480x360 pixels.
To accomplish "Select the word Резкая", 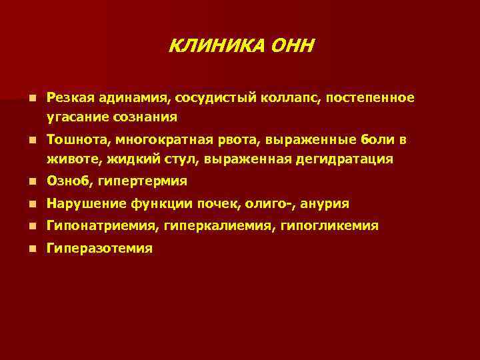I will (x=70, y=98).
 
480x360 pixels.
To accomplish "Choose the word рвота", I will (x=241, y=140).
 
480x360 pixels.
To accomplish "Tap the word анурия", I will (x=323, y=204).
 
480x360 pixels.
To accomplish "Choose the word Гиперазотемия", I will (x=99, y=249).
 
